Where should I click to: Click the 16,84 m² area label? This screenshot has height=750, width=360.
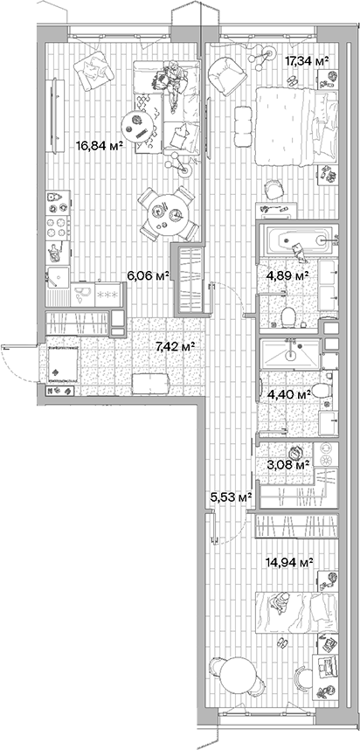point(99,146)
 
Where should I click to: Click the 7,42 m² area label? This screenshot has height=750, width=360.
point(174,346)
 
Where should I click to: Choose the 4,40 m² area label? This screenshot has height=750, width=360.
point(288,394)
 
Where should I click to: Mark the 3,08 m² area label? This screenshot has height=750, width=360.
point(287,464)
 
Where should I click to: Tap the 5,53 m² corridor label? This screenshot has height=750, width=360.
point(231,497)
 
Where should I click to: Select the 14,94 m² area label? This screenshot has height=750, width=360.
point(294,564)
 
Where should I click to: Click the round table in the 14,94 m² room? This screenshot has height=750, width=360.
point(234,678)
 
